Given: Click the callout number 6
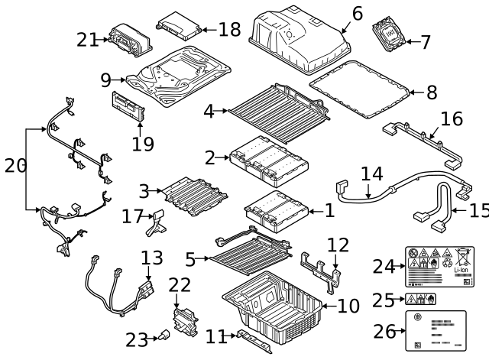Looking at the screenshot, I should click(x=358, y=13).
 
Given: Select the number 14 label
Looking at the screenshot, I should click(x=371, y=174).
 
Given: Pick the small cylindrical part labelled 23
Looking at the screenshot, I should click(x=164, y=334).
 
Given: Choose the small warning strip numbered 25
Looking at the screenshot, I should click(x=419, y=299).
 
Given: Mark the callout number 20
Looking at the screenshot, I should click(x=15, y=165).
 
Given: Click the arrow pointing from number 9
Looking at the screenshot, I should click(x=119, y=77).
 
